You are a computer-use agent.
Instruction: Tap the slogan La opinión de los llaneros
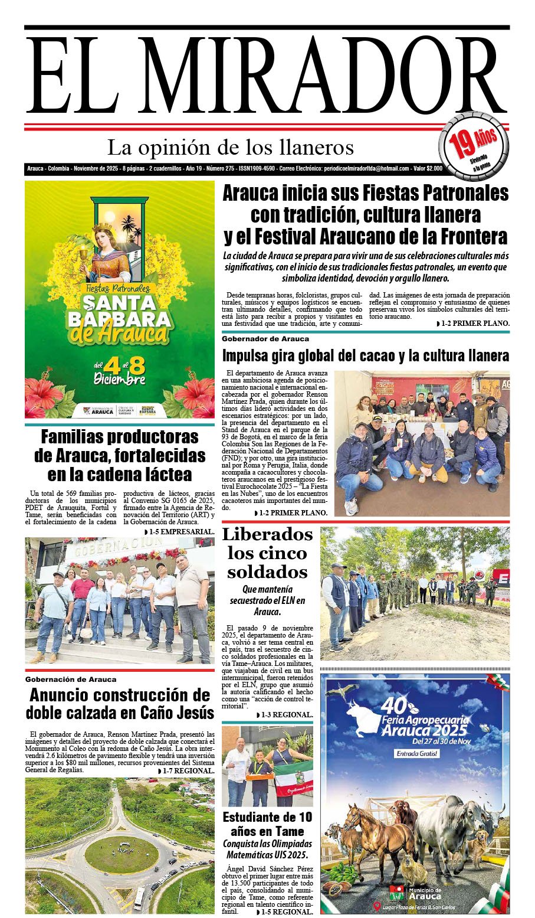click(231, 147)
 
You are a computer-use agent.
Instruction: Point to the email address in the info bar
click(366, 169)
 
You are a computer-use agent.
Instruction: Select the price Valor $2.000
click(428, 169)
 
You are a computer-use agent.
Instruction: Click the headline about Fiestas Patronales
click(366, 215)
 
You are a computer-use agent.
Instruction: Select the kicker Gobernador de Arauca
click(265, 339)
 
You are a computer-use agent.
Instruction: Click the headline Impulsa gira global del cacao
click(366, 356)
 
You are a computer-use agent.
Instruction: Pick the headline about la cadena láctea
click(120, 456)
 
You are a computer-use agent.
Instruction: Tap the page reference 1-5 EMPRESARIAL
click(179, 532)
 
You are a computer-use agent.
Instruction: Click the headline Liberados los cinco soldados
click(267, 553)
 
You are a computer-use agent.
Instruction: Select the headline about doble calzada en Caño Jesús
click(120, 703)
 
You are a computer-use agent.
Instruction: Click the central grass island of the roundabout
click(121, 854)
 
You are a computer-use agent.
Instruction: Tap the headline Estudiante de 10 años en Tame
click(267, 825)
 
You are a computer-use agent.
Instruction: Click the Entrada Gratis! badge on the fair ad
click(417, 754)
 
